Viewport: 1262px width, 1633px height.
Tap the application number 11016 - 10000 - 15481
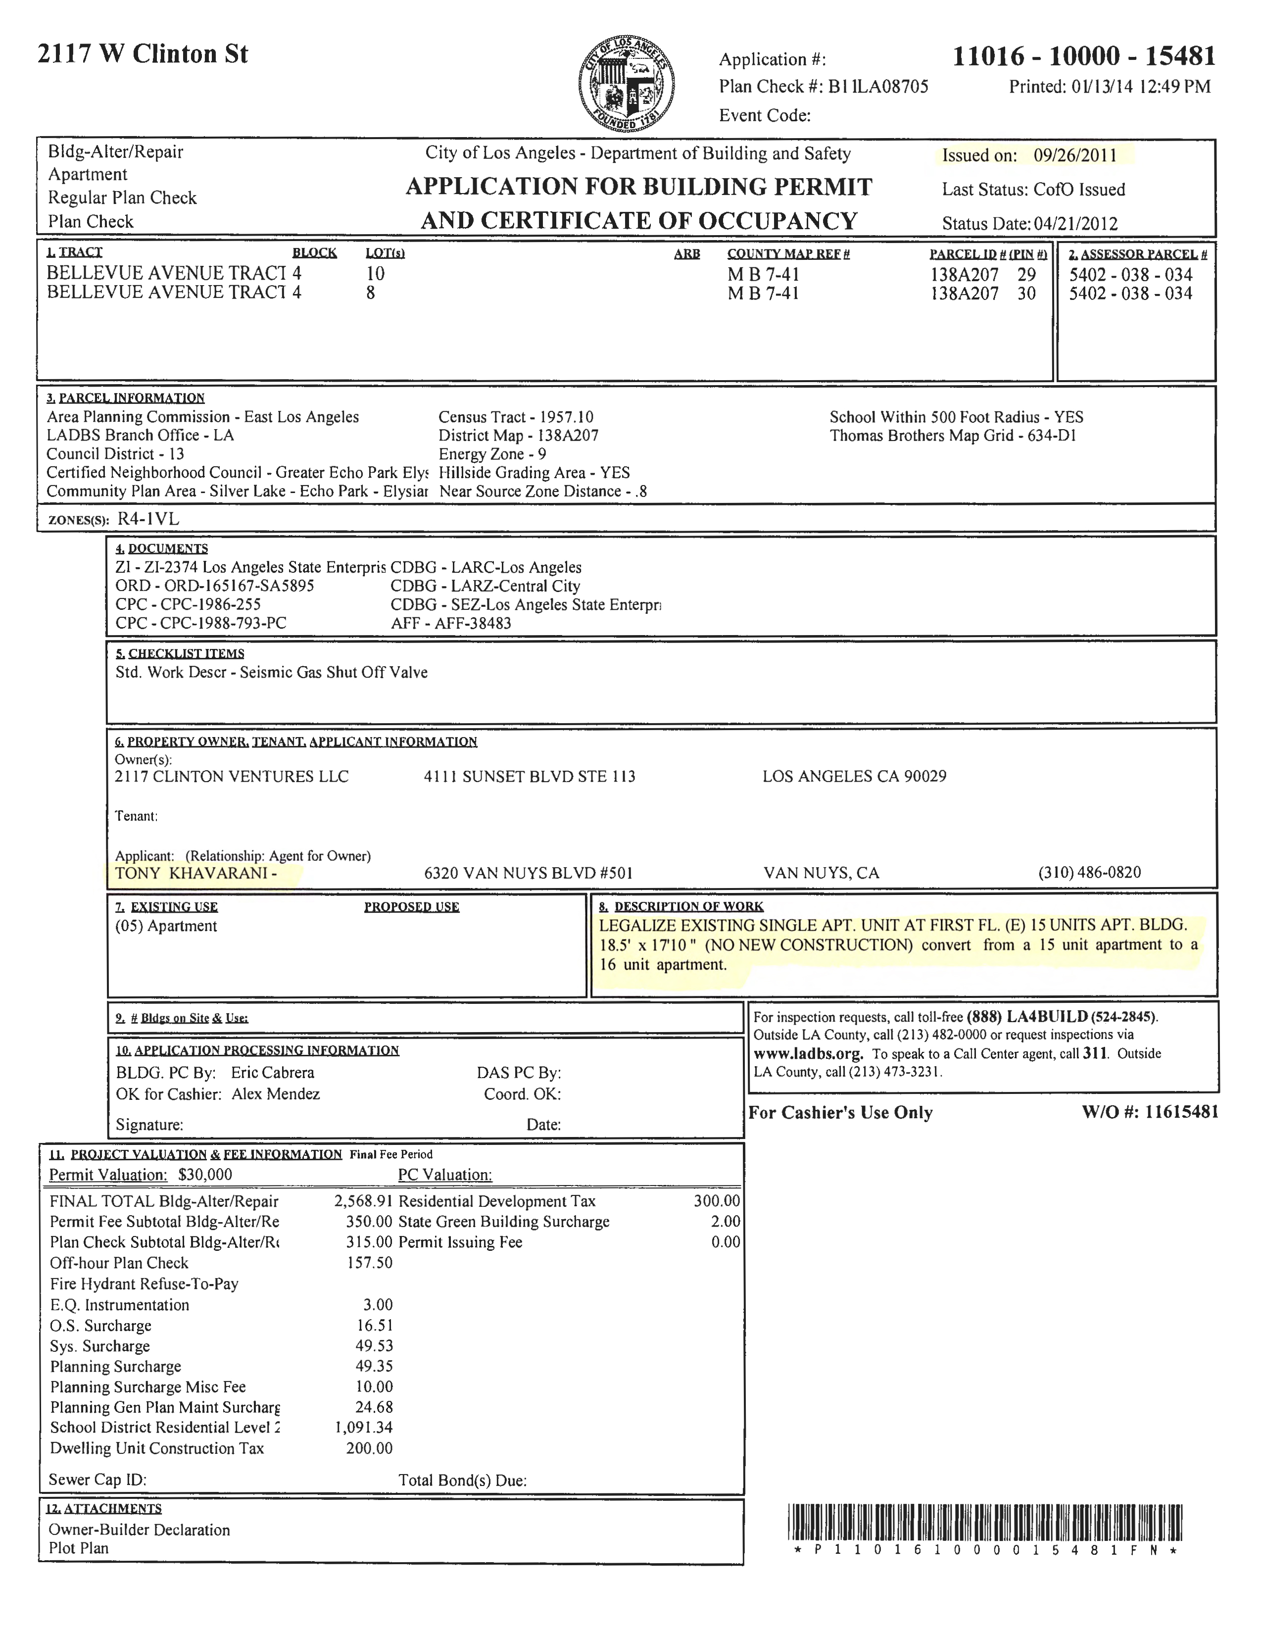(1083, 56)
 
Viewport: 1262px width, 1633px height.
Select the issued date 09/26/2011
(1075, 155)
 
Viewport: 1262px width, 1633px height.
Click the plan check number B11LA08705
(878, 87)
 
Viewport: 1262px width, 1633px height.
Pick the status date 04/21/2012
(1075, 224)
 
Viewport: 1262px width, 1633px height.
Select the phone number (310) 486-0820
(1089, 873)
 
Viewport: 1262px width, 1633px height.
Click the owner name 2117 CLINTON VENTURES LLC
(231, 776)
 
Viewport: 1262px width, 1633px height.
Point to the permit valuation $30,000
(205, 1175)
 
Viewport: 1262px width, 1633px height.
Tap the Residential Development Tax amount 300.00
(716, 1201)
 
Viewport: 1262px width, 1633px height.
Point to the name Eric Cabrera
(272, 1073)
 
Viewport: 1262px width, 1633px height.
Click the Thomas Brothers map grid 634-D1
(1051, 436)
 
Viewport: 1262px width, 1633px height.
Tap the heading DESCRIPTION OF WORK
(688, 907)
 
